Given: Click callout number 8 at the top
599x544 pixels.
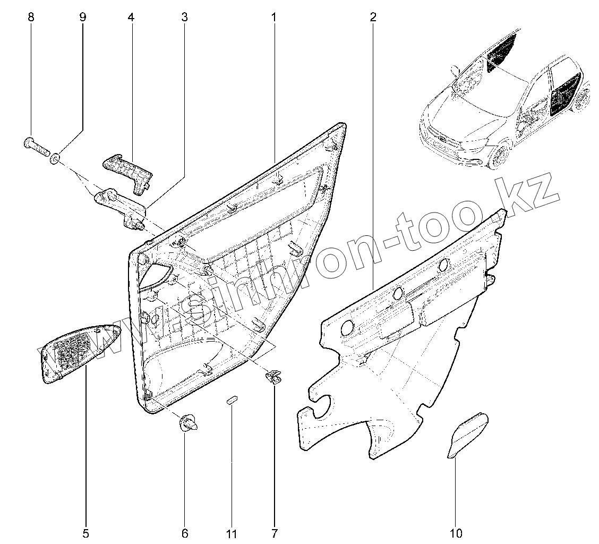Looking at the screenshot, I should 31,17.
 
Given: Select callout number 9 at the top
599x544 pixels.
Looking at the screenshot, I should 82,17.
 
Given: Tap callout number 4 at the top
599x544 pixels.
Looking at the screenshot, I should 131,17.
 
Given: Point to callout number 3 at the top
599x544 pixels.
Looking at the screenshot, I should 184,17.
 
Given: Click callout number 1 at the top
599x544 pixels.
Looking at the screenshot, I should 274,17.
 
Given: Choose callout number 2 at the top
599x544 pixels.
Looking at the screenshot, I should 373,17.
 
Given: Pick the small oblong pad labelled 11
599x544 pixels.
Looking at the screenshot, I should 232,401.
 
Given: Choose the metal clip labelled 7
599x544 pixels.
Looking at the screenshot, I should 274,377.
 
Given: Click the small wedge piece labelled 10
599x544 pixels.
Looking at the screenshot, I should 467,433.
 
